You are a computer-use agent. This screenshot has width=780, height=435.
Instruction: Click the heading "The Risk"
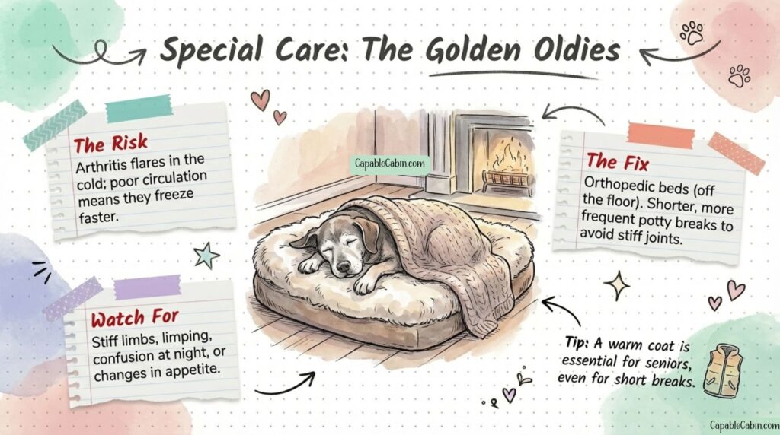tap(110, 144)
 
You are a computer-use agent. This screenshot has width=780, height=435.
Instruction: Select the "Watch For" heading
tap(134, 318)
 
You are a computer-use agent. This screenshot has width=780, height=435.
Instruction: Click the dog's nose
tap(343, 267)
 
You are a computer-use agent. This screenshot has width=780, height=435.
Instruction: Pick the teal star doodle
tap(206, 256)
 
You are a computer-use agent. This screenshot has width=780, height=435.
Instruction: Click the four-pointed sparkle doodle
tap(616, 285)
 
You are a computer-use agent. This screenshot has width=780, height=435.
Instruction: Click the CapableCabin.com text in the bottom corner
tap(744, 425)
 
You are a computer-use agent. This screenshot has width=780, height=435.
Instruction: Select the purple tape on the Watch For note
tap(147, 287)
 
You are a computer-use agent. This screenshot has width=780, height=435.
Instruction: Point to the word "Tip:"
tap(577, 343)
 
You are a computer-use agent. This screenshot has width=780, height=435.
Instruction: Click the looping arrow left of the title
tap(100, 55)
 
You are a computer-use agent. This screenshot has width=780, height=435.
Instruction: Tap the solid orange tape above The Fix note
tap(660, 135)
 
